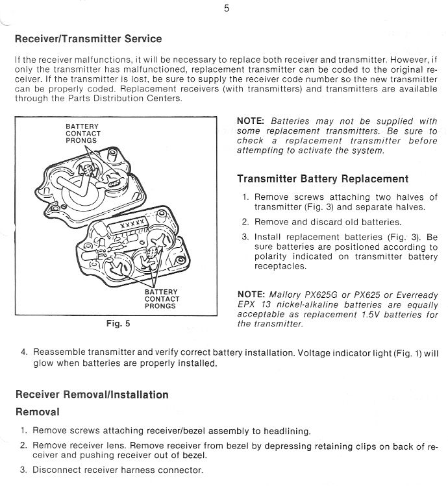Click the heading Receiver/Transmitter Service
click(88, 39)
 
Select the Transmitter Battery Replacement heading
click(323, 179)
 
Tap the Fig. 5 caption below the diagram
click(118, 322)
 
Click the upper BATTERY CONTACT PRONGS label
click(82, 134)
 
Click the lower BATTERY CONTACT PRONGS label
click(162, 299)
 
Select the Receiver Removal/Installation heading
click(92, 395)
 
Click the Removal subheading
click(37, 412)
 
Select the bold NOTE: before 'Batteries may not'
click(251, 121)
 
